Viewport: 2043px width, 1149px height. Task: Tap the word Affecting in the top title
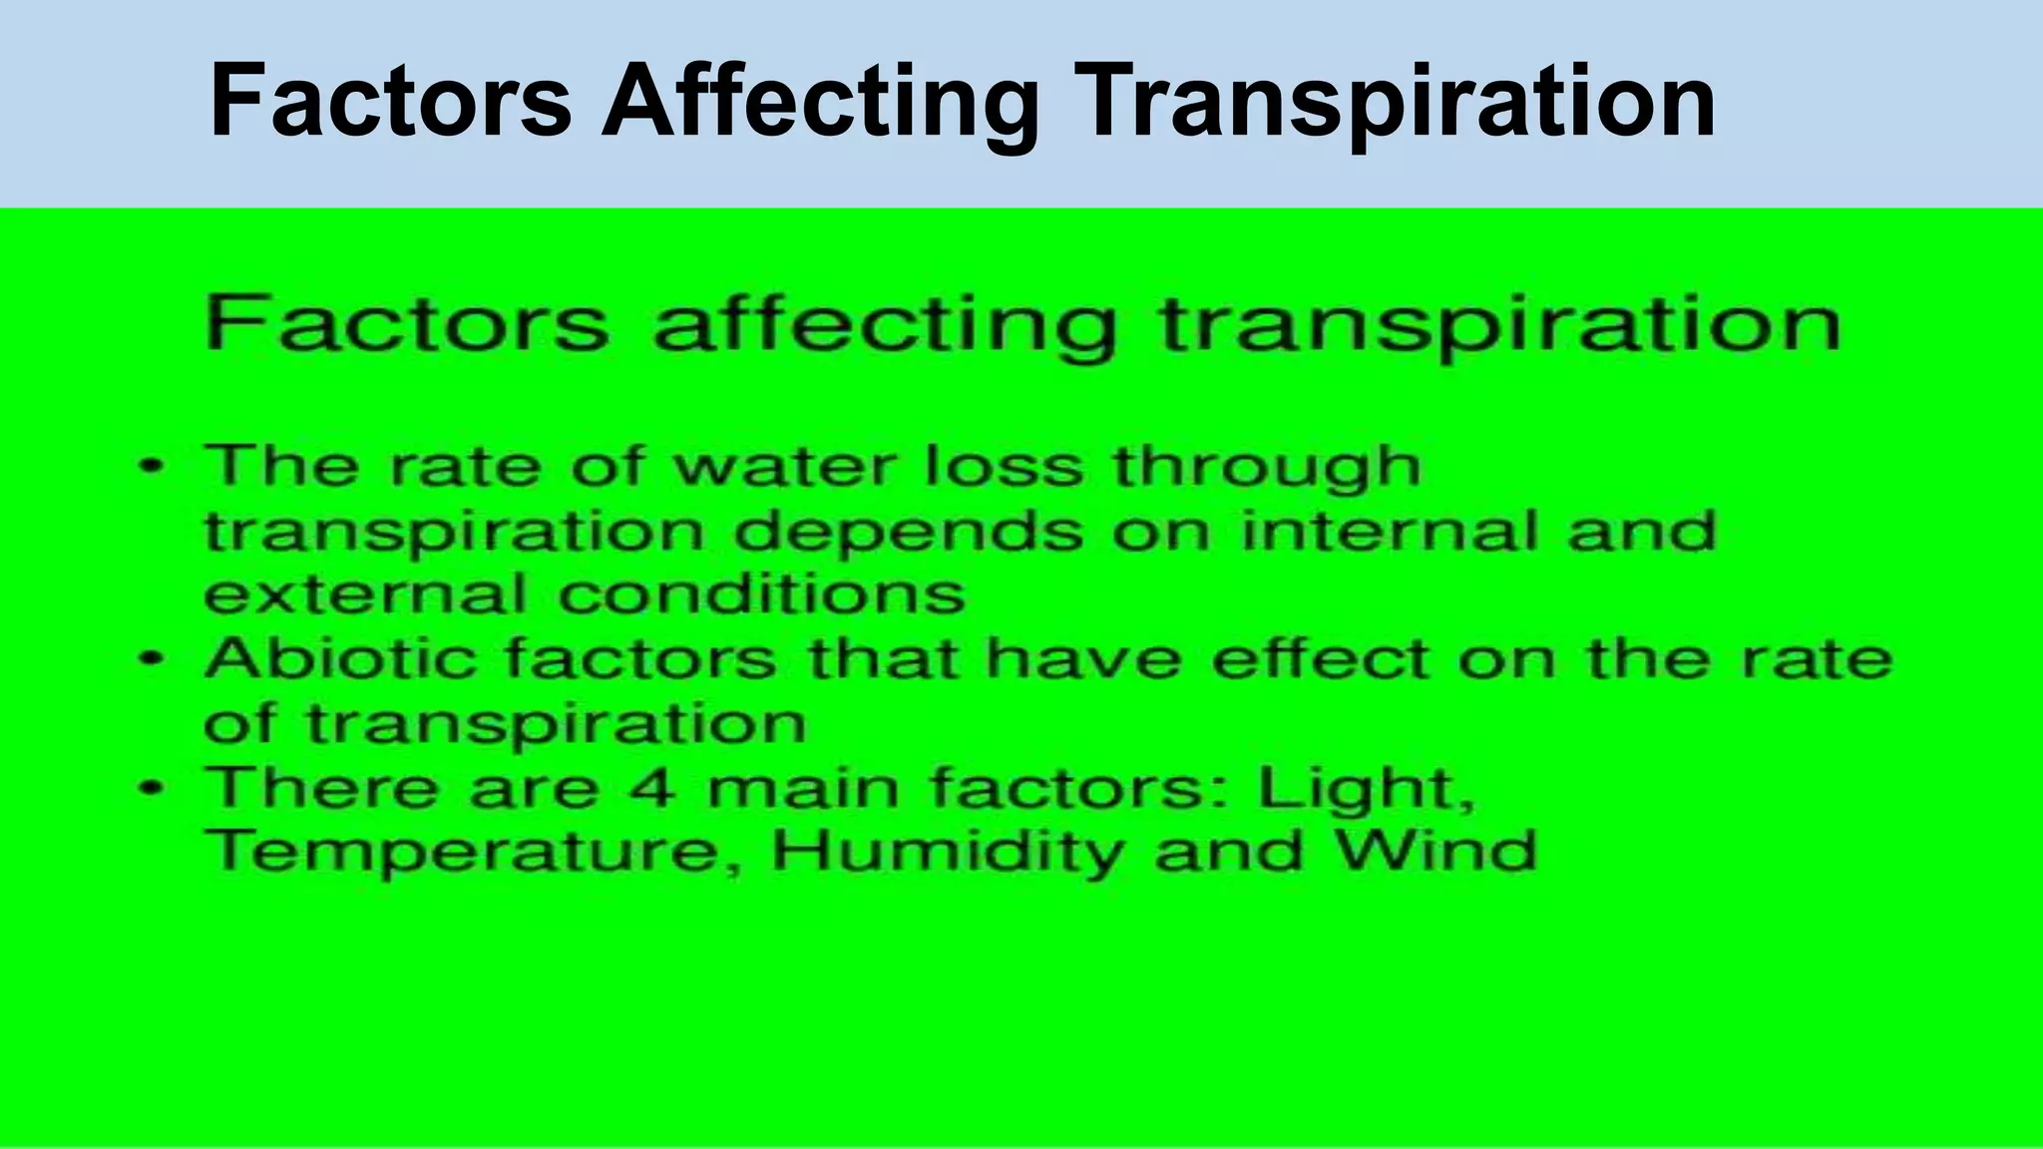[x=821, y=103]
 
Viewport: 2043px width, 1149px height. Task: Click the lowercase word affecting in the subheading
[x=883, y=325]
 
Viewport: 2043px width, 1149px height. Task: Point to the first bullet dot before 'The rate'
[x=151, y=466]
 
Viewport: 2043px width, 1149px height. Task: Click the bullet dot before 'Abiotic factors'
[x=151, y=658]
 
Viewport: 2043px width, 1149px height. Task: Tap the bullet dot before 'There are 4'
[x=151, y=787]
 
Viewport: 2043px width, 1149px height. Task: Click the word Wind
[x=1436, y=852]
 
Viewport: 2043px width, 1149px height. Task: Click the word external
[x=365, y=594]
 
